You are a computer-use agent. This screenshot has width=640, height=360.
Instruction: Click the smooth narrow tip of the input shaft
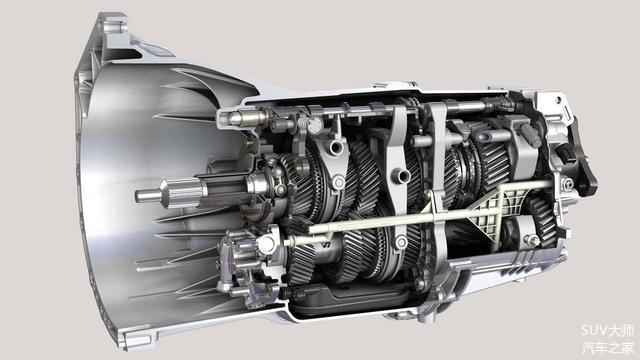coord(148,196)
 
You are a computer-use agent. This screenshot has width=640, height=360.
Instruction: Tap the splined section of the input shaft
coord(184,193)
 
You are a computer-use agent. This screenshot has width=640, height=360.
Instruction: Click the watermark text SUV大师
coord(607,331)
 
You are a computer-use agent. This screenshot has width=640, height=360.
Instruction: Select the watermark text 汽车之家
coord(608,348)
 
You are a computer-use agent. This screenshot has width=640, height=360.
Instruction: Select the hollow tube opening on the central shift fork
coord(401,176)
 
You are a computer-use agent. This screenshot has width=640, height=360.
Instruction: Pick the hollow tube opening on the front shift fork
coord(336,147)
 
